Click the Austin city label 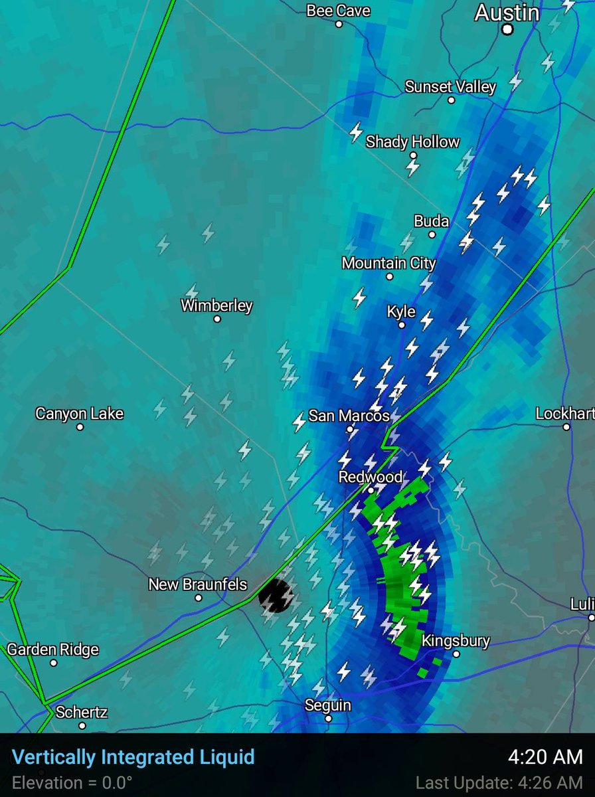pos(507,13)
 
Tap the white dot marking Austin pos(507,29)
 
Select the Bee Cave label pos(339,11)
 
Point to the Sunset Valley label pos(450,87)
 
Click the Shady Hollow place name pos(412,141)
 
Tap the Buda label pos(432,221)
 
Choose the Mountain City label pos(389,263)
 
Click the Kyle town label pos(401,311)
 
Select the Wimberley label pos(216,306)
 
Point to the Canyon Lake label pos(80,414)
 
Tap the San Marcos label pos(349,416)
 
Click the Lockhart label pos(565,414)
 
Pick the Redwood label pos(371,477)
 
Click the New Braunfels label pos(198,584)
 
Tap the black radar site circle pos(275,594)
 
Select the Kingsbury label pos(456,641)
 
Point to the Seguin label pos(328,705)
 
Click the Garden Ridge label pos(53,649)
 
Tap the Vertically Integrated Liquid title pos(133,756)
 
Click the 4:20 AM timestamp pos(546,756)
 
